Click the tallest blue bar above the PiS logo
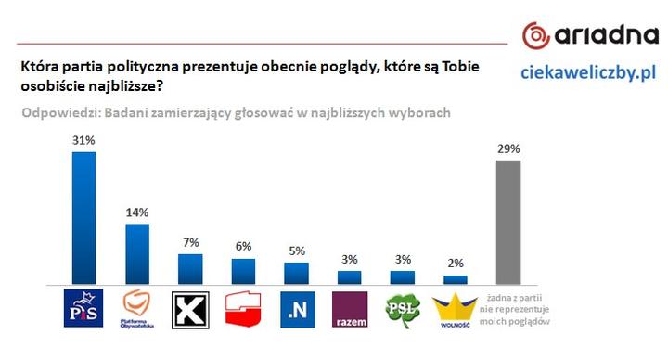(x=83, y=217)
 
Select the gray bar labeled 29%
(x=508, y=222)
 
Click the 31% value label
(x=83, y=140)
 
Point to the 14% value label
(x=137, y=212)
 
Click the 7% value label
(x=190, y=243)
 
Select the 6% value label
(x=243, y=248)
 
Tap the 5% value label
(x=296, y=251)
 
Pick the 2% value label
(x=456, y=264)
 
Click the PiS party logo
(x=83, y=310)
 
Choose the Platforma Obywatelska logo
(x=137, y=310)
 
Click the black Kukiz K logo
(x=190, y=310)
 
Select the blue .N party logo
(x=297, y=310)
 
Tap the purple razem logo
(x=350, y=310)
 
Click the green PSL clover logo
(x=403, y=309)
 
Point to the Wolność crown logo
(x=456, y=310)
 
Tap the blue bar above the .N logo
(x=296, y=273)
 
